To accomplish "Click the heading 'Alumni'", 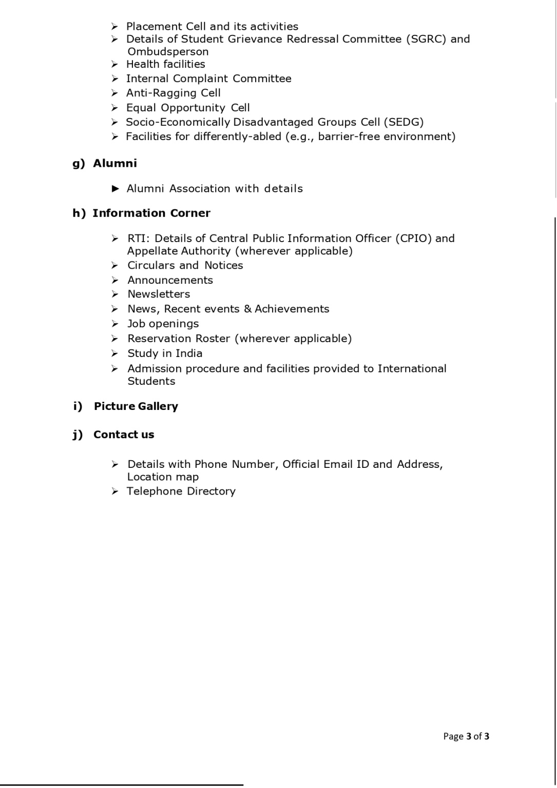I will [x=115, y=164].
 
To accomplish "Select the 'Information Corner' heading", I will [x=151, y=213].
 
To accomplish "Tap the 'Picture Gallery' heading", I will [x=136, y=406].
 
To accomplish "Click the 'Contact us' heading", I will [x=124, y=435].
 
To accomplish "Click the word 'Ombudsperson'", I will [x=168, y=52].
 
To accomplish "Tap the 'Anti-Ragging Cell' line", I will [x=174, y=93].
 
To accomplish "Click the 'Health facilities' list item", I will [x=166, y=64].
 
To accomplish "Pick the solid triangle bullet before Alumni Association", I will [x=116, y=189].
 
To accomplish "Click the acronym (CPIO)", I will [x=413, y=239].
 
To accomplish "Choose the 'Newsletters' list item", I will [x=159, y=294].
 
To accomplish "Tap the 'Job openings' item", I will [x=163, y=324].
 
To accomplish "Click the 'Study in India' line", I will [x=165, y=353].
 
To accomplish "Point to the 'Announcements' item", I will [x=170, y=280].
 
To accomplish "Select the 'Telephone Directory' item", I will [x=181, y=491].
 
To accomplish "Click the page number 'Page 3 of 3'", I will [x=466, y=737].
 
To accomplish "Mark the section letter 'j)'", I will [x=78, y=435].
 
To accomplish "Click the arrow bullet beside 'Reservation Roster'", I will [x=115, y=339].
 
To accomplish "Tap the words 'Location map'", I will [x=163, y=477].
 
